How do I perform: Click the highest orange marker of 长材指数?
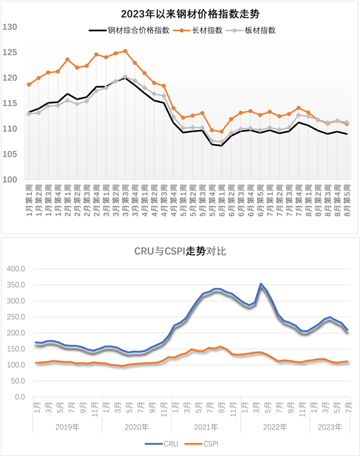point(125,51)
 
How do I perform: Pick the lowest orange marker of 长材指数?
point(221,131)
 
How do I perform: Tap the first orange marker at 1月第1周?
point(29,85)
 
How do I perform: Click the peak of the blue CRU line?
point(260,284)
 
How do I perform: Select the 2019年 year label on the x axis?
point(67,427)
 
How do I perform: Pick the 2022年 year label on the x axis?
point(275,427)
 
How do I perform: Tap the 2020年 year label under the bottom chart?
point(137,427)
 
